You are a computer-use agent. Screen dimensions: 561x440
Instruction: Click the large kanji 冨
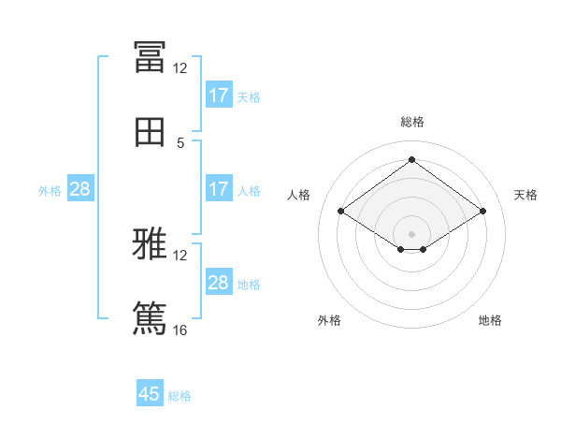coord(150,57)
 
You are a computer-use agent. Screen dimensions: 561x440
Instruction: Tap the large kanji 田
coord(150,132)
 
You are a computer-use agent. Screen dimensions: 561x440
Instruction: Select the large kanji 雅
coord(150,243)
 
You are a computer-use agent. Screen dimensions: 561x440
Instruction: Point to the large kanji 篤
coord(150,318)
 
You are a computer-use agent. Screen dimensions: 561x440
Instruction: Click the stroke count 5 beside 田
coord(180,143)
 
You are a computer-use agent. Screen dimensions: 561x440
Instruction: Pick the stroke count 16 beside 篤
coord(180,330)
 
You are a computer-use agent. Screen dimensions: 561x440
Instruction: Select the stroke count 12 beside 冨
coord(180,68)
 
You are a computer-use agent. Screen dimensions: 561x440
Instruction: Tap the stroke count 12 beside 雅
coord(180,256)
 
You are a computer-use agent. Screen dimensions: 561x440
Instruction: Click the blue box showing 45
coord(150,392)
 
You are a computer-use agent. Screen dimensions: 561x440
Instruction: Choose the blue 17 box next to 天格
coord(220,95)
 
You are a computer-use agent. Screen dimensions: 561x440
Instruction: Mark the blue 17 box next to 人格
coord(220,188)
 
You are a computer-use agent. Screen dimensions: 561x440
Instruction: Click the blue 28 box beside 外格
coord(80,188)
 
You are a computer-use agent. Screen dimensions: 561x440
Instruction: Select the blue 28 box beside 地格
coord(220,281)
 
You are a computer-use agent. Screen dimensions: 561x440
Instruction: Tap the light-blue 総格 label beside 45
coord(180,396)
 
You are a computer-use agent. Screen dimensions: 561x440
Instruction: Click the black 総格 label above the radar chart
coord(412,122)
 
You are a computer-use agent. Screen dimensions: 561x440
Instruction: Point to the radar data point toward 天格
coord(482,211)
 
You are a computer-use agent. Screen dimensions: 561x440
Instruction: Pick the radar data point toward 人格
coord(341,211)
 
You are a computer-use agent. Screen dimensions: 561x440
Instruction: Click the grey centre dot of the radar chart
coord(411,234)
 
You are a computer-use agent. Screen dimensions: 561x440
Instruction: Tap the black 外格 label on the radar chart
coord(329,320)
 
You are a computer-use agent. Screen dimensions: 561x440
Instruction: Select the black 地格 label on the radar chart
coord(490,320)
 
